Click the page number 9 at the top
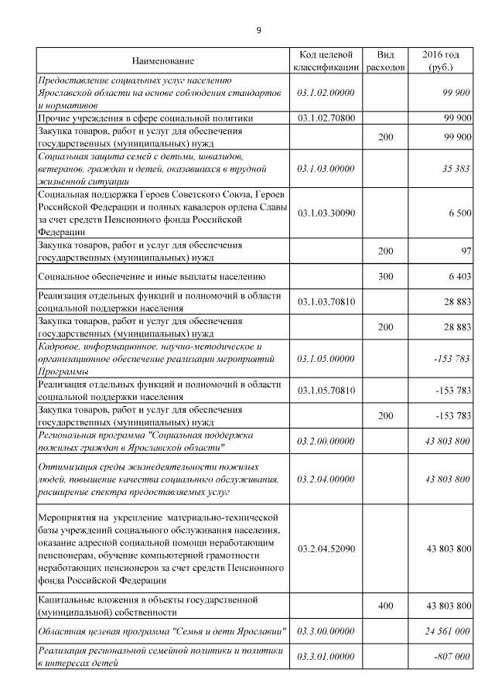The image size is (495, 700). (258, 30)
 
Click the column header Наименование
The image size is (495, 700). (162, 61)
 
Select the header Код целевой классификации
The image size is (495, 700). (326, 61)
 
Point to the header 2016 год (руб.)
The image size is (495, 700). (441, 61)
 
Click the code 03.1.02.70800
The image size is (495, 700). (326, 118)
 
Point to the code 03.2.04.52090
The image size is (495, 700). (326, 548)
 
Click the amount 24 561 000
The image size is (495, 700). (448, 631)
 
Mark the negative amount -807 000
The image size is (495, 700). (452, 656)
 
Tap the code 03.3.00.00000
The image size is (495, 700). (326, 631)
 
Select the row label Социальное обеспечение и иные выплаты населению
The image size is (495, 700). (152, 275)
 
